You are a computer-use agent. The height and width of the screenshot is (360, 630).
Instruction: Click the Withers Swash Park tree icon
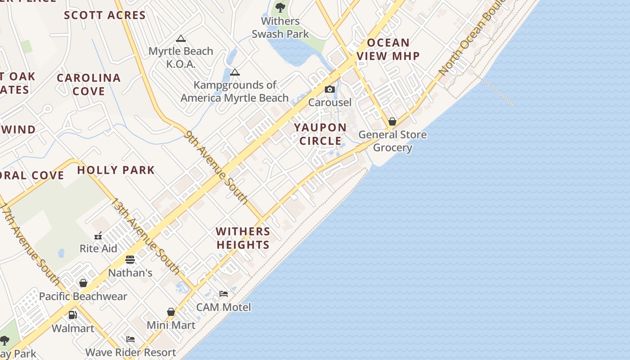280,7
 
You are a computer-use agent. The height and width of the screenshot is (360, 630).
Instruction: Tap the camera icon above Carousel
330,89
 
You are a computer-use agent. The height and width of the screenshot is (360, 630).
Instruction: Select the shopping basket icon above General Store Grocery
392,121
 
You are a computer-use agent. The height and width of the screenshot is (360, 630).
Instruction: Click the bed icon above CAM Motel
224,294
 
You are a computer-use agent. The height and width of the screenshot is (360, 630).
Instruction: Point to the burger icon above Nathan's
130,260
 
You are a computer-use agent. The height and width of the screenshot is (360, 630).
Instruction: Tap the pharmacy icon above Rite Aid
98,236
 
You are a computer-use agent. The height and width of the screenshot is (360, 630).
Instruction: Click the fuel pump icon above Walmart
72,315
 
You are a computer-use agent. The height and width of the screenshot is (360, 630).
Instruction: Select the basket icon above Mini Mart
171,312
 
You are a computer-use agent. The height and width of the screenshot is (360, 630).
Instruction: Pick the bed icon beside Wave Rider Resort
130,339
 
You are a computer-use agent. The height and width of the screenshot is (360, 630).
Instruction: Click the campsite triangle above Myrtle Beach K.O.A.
181,38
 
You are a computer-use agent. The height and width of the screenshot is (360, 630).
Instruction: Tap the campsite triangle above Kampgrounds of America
234,72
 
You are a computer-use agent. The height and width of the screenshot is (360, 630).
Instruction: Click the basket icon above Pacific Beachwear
83,283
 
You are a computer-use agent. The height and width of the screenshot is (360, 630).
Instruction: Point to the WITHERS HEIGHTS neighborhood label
243,238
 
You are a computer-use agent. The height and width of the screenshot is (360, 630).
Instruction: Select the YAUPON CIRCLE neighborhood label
320,134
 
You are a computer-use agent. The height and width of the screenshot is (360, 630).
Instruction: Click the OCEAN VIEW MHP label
388,49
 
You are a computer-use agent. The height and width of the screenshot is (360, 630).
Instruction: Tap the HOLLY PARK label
116,170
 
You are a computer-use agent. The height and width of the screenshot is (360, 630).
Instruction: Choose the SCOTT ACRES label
105,15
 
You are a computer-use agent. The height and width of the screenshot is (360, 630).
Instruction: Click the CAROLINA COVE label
89,84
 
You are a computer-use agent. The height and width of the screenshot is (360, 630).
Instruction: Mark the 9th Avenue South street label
216,167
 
